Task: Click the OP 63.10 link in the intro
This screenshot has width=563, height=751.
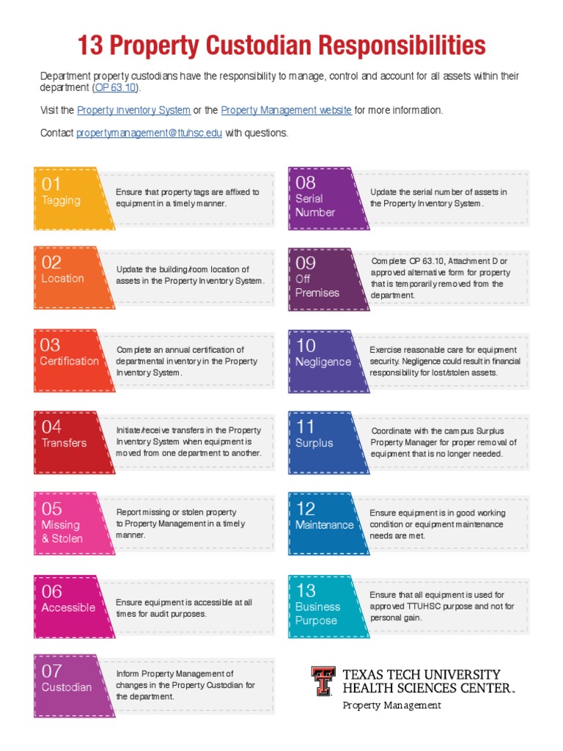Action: (x=115, y=88)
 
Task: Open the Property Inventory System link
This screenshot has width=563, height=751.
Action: (x=133, y=110)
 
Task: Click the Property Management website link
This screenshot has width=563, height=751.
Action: (x=286, y=110)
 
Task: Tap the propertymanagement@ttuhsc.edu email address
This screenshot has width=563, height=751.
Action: (x=149, y=133)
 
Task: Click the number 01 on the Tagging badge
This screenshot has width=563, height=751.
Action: (x=51, y=184)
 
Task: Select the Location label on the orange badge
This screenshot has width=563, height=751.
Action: (x=62, y=279)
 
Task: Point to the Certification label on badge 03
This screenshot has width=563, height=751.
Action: (x=70, y=361)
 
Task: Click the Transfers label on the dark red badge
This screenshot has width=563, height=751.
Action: (x=64, y=443)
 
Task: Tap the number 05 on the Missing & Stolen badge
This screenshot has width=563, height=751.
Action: (x=51, y=509)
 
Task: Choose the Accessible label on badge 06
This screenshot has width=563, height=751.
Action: (x=68, y=607)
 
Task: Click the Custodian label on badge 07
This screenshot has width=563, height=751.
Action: (x=67, y=687)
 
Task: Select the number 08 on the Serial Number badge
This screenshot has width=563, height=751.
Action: (x=306, y=182)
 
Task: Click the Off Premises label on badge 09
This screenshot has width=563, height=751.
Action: (x=317, y=286)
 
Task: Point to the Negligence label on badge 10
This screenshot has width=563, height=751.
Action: (x=323, y=362)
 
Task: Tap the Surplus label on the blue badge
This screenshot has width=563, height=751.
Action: (x=314, y=443)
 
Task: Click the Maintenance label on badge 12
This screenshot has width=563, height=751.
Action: (x=324, y=525)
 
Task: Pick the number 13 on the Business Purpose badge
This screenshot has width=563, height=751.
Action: (x=306, y=590)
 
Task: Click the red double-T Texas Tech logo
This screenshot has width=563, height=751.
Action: (x=323, y=681)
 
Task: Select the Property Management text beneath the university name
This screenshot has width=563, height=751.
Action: (x=392, y=706)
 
